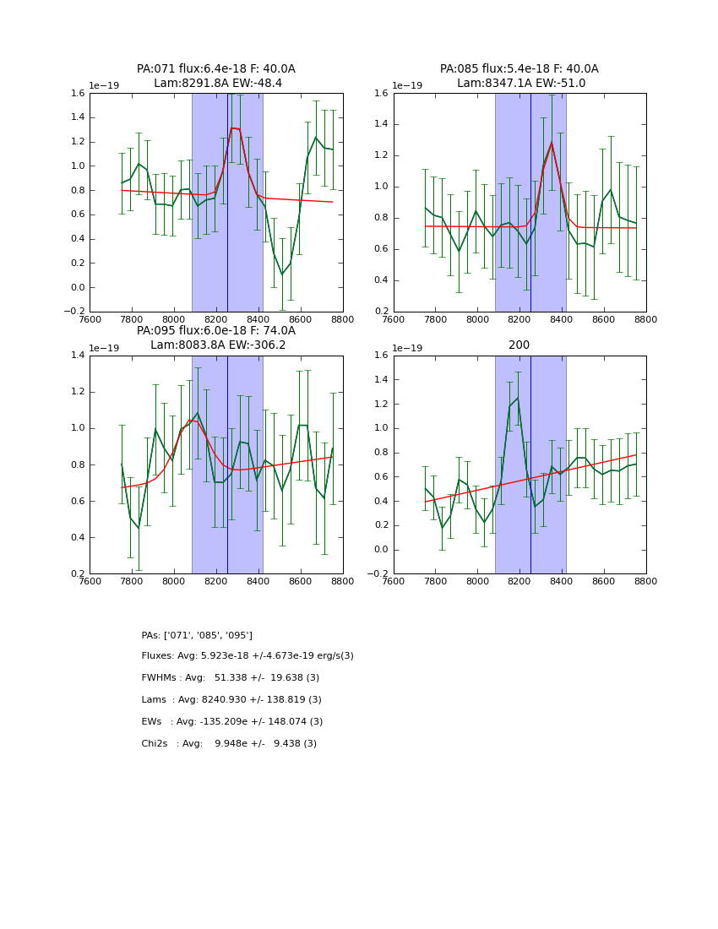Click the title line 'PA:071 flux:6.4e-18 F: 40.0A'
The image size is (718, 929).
(x=216, y=69)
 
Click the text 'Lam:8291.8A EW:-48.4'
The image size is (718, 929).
(x=218, y=84)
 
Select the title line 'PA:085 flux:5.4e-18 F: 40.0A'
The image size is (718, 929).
(x=519, y=69)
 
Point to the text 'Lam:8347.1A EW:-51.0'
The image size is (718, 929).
(x=521, y=84)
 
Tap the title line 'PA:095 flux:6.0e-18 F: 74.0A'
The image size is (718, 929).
(x=216, y=331)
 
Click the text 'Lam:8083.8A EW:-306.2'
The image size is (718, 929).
(x=218, y=345)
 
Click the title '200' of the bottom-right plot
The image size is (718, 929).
(x=519, y=345)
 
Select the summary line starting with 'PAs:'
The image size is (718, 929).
(x=197, y=635)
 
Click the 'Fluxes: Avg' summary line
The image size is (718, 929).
(x=247, y=656)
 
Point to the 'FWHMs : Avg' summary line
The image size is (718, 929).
(x=231, y=678)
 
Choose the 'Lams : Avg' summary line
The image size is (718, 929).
(x=231, y=700)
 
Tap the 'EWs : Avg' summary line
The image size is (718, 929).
(x=232, y=722)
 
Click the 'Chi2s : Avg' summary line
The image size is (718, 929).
(x=229, y=744)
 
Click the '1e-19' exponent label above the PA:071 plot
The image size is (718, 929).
(x=105, y=85)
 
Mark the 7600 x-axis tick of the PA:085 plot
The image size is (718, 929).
(x=394, y=320)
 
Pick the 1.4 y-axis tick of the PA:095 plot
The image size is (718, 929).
(x=76, y=356)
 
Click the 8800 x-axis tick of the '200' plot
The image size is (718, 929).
(x=646, y=583)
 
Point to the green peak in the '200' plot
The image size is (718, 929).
(x=517, y=399)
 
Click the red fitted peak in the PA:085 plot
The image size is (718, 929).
(x=552, y=143)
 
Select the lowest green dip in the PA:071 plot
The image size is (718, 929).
(x=282, y=274)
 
